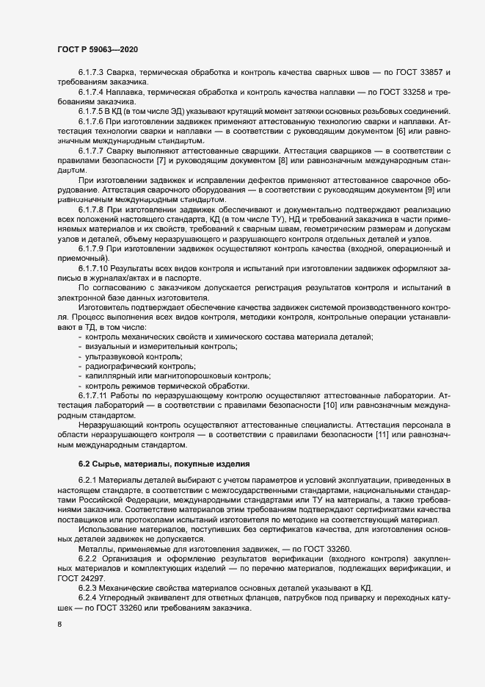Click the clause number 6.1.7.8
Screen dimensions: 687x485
click(91, 209)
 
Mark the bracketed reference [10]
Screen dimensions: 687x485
click(329, 405)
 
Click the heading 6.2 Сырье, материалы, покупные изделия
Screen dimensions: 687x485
click(164, 464)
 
